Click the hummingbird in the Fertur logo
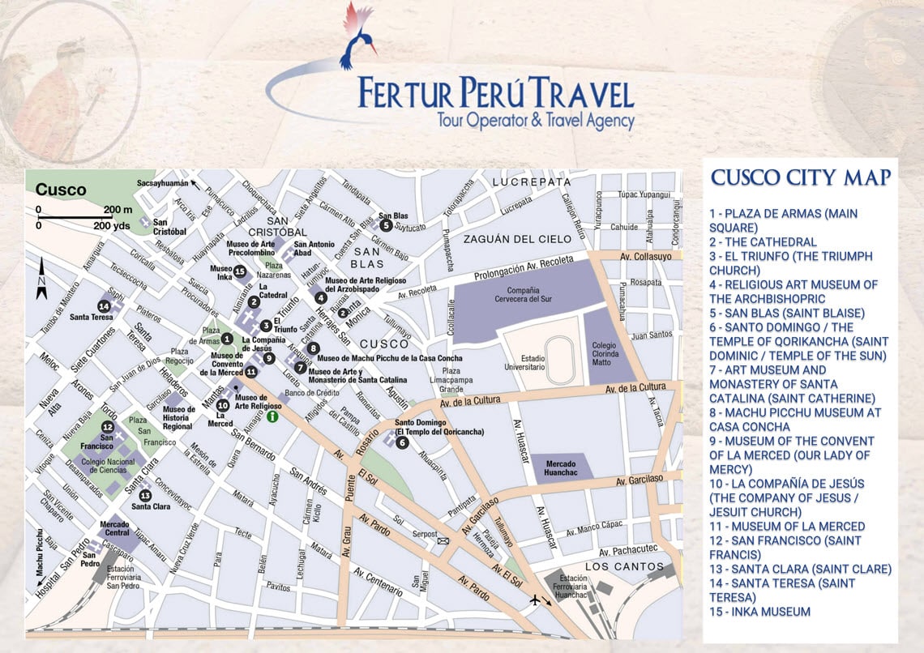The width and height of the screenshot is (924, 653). [x=357, y=32]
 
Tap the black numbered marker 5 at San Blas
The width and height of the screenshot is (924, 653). [x=386, y=225]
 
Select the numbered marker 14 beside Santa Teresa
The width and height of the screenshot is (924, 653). [x=104, y=305]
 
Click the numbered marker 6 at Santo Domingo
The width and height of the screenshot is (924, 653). [x=403, y=442]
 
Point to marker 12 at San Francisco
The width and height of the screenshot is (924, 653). [x=107, y=427]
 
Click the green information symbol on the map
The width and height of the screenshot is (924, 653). [x=273, y=416]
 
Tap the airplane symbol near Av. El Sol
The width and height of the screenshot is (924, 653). [x=535, y=600]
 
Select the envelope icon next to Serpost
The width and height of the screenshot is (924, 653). [x=443, y=539]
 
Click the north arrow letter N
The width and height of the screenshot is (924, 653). [x=41, y=283]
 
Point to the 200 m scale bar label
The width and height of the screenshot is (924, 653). [x=118, y=209]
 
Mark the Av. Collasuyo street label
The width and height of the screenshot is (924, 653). [x=646, y=257]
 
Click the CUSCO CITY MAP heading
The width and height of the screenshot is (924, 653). [x=801, y=178]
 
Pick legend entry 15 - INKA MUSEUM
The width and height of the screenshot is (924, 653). [x=759, y=612]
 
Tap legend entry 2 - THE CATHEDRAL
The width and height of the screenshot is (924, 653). [x=763, y=241]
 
